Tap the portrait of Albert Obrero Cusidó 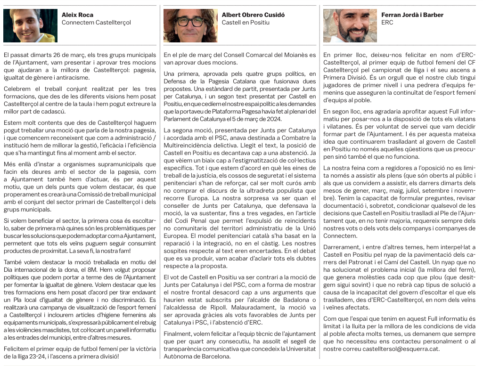point(190,25)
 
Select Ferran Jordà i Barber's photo point(350,25)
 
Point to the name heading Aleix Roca point(77,15)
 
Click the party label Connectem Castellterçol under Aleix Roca point(96,23)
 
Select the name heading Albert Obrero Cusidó point(253,15)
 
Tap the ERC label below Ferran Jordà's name point(387,23)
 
